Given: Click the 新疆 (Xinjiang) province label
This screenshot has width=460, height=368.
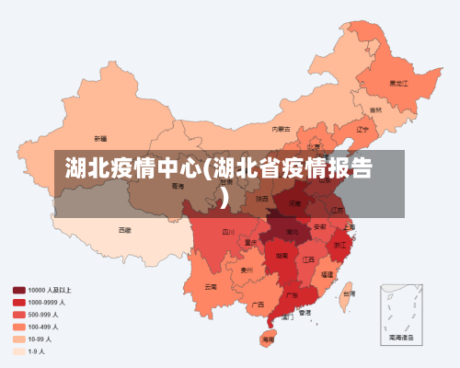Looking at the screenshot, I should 100,138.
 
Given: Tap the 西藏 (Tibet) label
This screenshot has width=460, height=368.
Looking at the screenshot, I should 124,229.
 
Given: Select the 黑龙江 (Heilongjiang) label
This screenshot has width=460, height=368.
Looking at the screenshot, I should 397,83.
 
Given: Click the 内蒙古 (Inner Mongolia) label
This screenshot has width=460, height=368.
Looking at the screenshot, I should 282,129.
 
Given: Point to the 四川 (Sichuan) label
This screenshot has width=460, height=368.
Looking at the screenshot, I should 228,232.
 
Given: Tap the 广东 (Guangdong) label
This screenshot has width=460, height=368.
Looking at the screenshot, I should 291,296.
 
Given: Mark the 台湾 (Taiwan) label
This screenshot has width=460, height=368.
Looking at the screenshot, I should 348,293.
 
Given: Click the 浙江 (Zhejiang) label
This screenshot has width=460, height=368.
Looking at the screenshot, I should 340,245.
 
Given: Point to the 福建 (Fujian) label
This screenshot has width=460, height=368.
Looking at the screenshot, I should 328,274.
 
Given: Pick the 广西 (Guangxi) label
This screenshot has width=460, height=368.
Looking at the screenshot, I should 259,304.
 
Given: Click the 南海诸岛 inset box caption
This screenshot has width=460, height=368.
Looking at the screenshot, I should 402,338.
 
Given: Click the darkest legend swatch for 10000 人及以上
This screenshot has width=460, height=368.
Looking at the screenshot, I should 18,290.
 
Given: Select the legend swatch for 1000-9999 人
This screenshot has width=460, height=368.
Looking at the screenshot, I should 18,302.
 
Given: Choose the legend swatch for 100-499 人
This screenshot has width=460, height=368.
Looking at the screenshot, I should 18,327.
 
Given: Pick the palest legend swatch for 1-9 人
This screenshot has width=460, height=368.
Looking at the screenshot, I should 18,351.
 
